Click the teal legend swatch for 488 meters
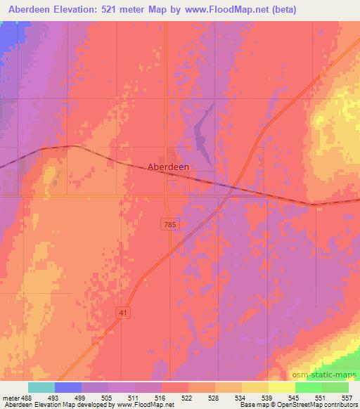41,387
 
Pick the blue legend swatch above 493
68,387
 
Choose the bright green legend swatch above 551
309,387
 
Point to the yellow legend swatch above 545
281,387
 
